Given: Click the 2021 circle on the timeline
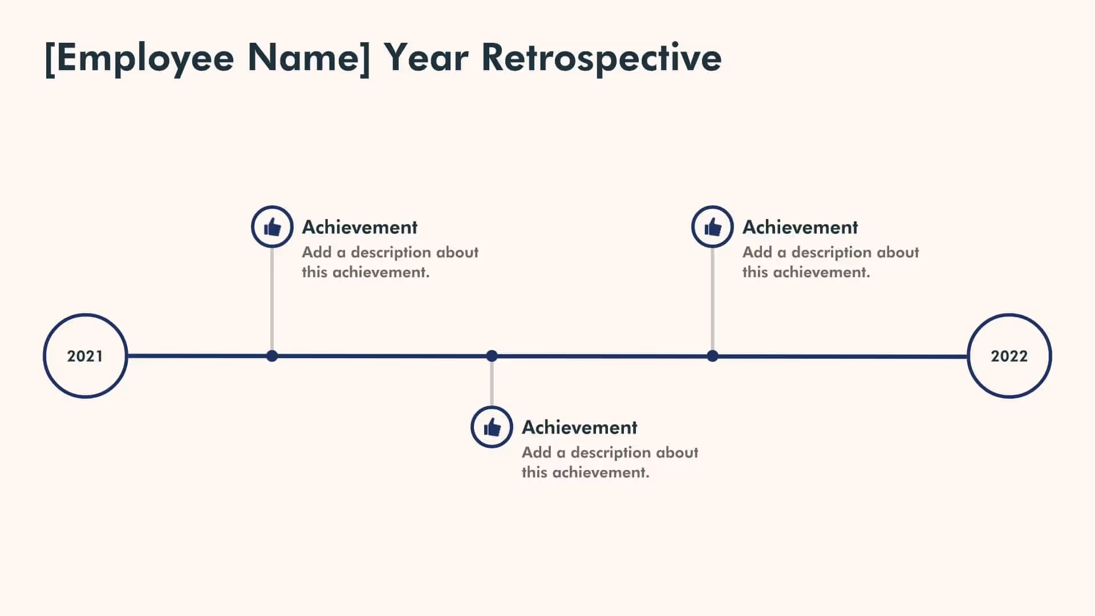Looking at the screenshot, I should pos(85,356).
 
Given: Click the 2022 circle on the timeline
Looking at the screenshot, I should pos(1009,356).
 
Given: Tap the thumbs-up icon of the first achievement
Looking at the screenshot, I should pos(272,227).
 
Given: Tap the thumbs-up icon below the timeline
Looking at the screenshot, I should pos(492,427).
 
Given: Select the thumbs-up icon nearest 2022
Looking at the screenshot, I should pos(712,227).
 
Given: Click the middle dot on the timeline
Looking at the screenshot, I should pos(492,356).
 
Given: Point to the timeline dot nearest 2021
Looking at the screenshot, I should pos(272,356).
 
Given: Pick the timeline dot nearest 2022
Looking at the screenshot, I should pos(712,356).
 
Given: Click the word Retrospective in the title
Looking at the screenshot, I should pos(601,58).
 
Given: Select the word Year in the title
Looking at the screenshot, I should pos(425,58).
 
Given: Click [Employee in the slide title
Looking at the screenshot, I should pos(139,58).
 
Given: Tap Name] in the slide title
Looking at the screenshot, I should pos(308,58).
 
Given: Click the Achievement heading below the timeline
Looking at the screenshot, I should pos(579,427).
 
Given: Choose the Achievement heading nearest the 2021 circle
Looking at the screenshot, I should pos(359,227).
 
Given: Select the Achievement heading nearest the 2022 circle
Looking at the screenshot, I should pos(800,227).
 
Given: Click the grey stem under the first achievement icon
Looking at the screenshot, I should pos(272,299).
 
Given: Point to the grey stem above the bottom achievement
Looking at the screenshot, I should pos(492,383).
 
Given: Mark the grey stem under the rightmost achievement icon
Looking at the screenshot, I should pos(712,299).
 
